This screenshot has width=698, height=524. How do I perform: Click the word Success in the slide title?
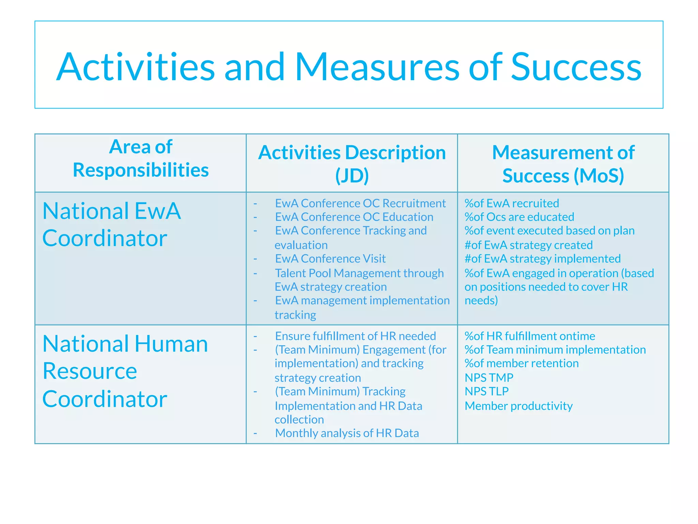coord(576,67)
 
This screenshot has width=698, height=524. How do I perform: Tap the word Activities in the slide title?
coord(135,67)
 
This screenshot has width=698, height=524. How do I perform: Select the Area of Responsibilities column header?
coord(140,158)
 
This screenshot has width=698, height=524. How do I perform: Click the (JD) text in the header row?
coord(352,176)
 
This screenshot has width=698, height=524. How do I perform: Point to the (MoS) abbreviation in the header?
coord(598,176)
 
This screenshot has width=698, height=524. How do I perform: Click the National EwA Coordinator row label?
coord(111,224)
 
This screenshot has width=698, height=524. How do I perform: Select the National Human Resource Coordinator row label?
coord(125,371)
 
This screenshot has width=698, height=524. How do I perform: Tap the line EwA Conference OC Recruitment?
coord(360,203)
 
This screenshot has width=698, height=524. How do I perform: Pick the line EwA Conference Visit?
coord(330,259)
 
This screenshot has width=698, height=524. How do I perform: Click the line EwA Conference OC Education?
coord(354,217)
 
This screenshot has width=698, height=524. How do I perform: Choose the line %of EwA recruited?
coord(512,203)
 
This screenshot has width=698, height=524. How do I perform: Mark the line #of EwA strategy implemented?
coord(542,259)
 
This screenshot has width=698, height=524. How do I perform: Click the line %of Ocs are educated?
coord(519,217)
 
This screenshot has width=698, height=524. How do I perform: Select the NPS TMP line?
coord(489,378)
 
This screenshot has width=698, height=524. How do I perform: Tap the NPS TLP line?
coord(486,391)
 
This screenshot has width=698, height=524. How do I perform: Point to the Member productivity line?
coord(518,406)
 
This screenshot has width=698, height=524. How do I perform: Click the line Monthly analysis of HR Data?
coord(347,433)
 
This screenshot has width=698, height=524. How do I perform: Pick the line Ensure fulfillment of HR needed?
coord(355,336)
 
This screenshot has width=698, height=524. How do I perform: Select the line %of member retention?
coord(521,363)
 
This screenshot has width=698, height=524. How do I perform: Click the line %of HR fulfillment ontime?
coord(530,336)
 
